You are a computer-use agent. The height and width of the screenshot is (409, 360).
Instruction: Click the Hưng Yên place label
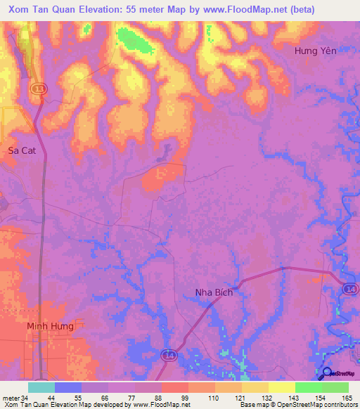coord(316,51)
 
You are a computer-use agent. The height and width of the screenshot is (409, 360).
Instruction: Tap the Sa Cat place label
coord(20,150)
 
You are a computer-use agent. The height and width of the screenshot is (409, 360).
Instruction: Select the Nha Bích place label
coord(214,292)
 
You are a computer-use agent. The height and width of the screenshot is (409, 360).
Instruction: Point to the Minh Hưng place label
coord(50,326)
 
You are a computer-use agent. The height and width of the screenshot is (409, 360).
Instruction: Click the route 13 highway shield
coord(38,89)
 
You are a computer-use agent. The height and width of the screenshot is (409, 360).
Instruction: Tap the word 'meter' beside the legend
coord(10,397)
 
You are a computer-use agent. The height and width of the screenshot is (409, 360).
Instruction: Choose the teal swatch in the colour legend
coord(41,387)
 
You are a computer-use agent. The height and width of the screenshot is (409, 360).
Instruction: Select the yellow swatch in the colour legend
coord(282,387)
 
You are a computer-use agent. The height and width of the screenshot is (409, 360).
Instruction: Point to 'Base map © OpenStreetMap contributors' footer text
coord(297,405)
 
